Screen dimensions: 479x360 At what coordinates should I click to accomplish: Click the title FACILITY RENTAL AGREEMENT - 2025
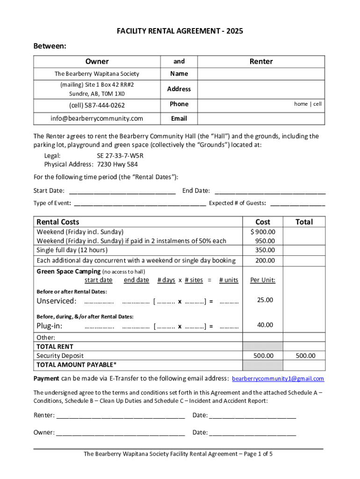[180, 31]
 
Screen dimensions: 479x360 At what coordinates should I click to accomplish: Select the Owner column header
[97, 61]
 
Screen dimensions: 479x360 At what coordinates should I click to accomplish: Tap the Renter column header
[261, 61]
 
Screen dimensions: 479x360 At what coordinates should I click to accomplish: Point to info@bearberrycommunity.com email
[97, 118]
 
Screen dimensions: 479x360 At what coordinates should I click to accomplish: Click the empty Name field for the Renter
[261, 74]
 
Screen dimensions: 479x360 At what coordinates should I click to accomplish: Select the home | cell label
[308, 104]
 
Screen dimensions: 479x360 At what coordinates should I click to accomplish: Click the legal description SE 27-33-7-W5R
[116, 155]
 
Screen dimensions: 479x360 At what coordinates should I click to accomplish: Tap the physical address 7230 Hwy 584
[117, 164]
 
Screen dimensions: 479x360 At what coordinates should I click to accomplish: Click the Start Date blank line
[122, 191]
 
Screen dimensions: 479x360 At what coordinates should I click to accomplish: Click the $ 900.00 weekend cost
[263, 232]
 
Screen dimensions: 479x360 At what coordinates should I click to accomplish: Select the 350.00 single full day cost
[265, 250]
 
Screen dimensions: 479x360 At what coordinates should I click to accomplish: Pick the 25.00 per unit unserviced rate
[265, 300]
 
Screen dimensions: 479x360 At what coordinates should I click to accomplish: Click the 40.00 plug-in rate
[265, 325]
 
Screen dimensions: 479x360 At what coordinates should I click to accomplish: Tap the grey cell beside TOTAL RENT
[263, 347]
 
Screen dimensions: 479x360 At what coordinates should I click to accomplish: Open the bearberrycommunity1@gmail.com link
[278, 378]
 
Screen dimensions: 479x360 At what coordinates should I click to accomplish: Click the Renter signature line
[121, 415]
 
